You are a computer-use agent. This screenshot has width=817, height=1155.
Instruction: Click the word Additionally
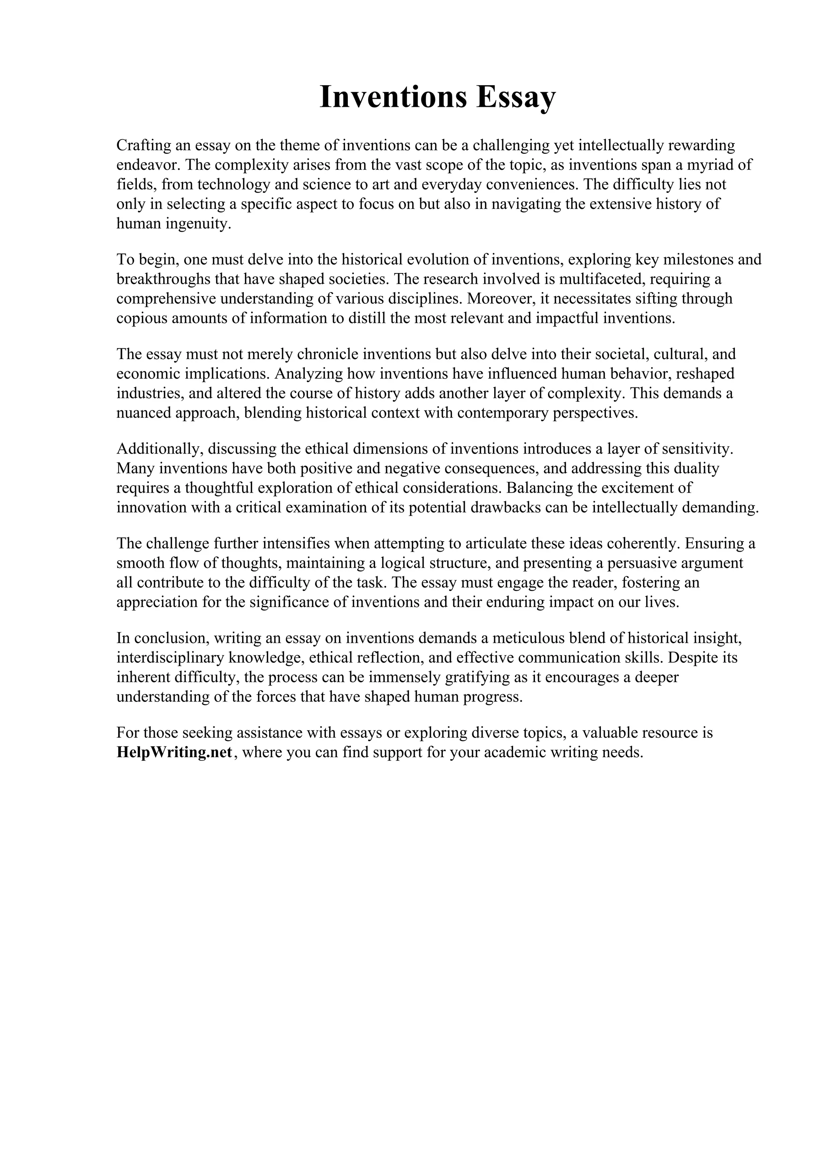pyautogui.click(x=160, y=449)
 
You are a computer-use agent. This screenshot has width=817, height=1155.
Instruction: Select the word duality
pyautogui.click(x=696, y=468)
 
